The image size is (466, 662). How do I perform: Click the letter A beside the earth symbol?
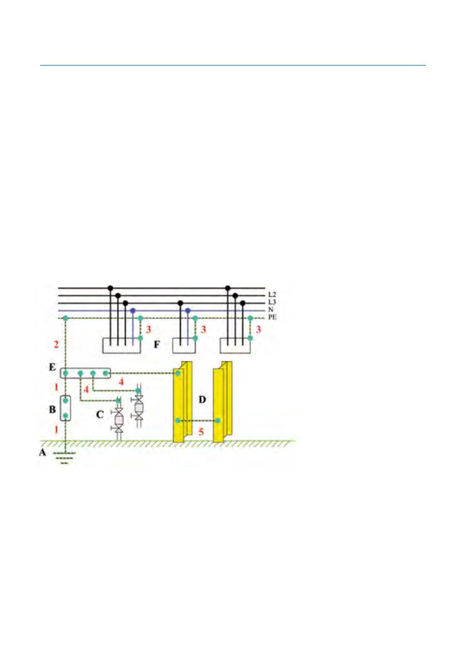(43, 452)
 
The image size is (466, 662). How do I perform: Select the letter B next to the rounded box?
(52, 409)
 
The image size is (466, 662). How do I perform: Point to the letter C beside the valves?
(100, 415)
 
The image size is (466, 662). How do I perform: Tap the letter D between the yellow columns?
(202, 399)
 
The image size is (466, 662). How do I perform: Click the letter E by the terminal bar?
(52, 367)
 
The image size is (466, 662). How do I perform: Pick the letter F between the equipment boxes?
(157, 345)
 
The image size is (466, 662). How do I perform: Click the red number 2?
(56, 345)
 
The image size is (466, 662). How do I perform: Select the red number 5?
(201, 432)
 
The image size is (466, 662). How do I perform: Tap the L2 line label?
(272, 295)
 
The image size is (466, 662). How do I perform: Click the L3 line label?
(272, 302)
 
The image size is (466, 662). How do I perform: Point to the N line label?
(270, 310)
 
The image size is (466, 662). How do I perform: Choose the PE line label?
(272, 317)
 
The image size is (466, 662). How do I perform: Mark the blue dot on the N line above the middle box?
(188, 310)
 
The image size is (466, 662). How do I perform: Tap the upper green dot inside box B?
(66, 400)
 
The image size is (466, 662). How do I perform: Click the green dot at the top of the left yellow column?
(178, 373)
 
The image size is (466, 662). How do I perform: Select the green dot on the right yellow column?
(218, 421)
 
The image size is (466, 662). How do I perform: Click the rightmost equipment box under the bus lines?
(235, 346)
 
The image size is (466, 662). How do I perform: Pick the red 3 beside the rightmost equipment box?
(258, 329)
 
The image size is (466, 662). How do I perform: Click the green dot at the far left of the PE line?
(66, 318)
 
